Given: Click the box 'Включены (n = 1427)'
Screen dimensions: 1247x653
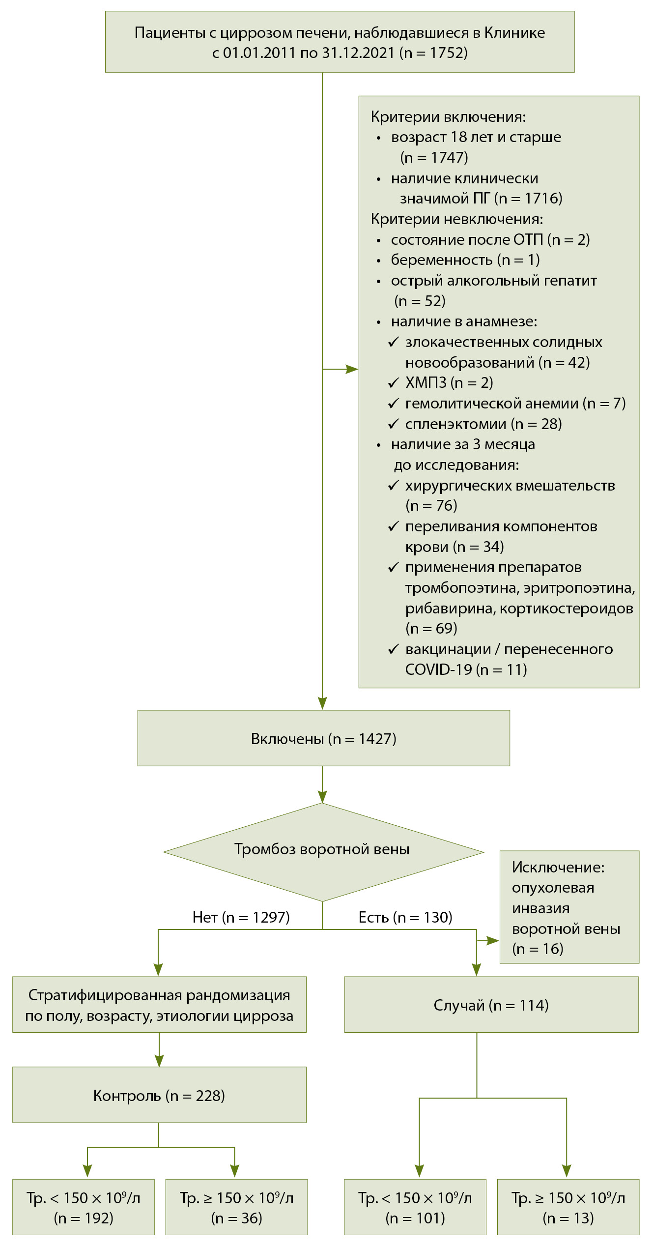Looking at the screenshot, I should [x=323, y=738].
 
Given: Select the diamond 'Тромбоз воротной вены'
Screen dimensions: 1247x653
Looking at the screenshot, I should [x=322, y=849].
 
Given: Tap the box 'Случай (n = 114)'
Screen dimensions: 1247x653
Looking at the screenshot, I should [x=491, y=1005].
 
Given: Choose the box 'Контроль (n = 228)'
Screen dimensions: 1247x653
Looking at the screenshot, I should [x=159, y=1096].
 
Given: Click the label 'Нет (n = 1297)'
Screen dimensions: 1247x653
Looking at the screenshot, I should [x=241, y=917].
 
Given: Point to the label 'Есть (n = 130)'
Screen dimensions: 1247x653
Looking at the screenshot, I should [x=405, y=917].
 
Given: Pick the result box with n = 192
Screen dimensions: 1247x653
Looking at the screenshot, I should [x=84, y=1208].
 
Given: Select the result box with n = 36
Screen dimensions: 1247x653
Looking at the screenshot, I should [x=236, y=1208].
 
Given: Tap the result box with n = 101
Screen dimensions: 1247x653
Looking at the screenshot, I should [x=415, y=1208].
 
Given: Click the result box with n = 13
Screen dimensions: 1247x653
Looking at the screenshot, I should [x=568, y=1208].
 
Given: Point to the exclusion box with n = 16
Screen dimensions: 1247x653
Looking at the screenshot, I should [x=569, y=907].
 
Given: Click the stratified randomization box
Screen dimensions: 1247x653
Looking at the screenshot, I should [x=159, y=1005].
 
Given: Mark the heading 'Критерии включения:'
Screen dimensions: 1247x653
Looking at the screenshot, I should [x=448, y=117].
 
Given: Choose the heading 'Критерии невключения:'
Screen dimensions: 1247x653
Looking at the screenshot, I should [x=457, y=219].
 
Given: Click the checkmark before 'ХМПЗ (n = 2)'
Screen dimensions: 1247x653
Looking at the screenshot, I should [x=394, y=382].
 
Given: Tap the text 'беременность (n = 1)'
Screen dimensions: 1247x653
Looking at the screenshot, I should [x=465, y=260].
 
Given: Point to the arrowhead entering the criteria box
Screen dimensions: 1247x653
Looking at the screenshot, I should [x=353, y=369].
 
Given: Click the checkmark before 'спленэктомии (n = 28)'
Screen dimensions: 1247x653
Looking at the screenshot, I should [x=394, y=424].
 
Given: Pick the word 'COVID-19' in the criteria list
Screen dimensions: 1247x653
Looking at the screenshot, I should [x=438, y=669].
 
